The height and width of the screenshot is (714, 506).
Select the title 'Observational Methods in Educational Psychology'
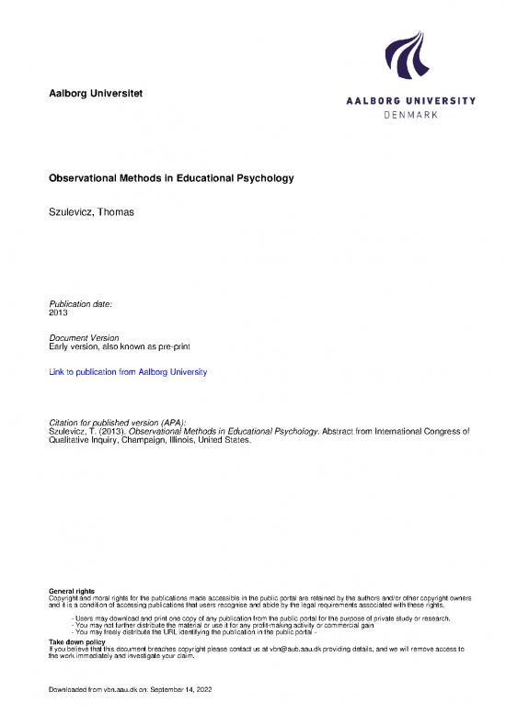170,178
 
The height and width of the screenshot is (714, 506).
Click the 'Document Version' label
83,338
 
